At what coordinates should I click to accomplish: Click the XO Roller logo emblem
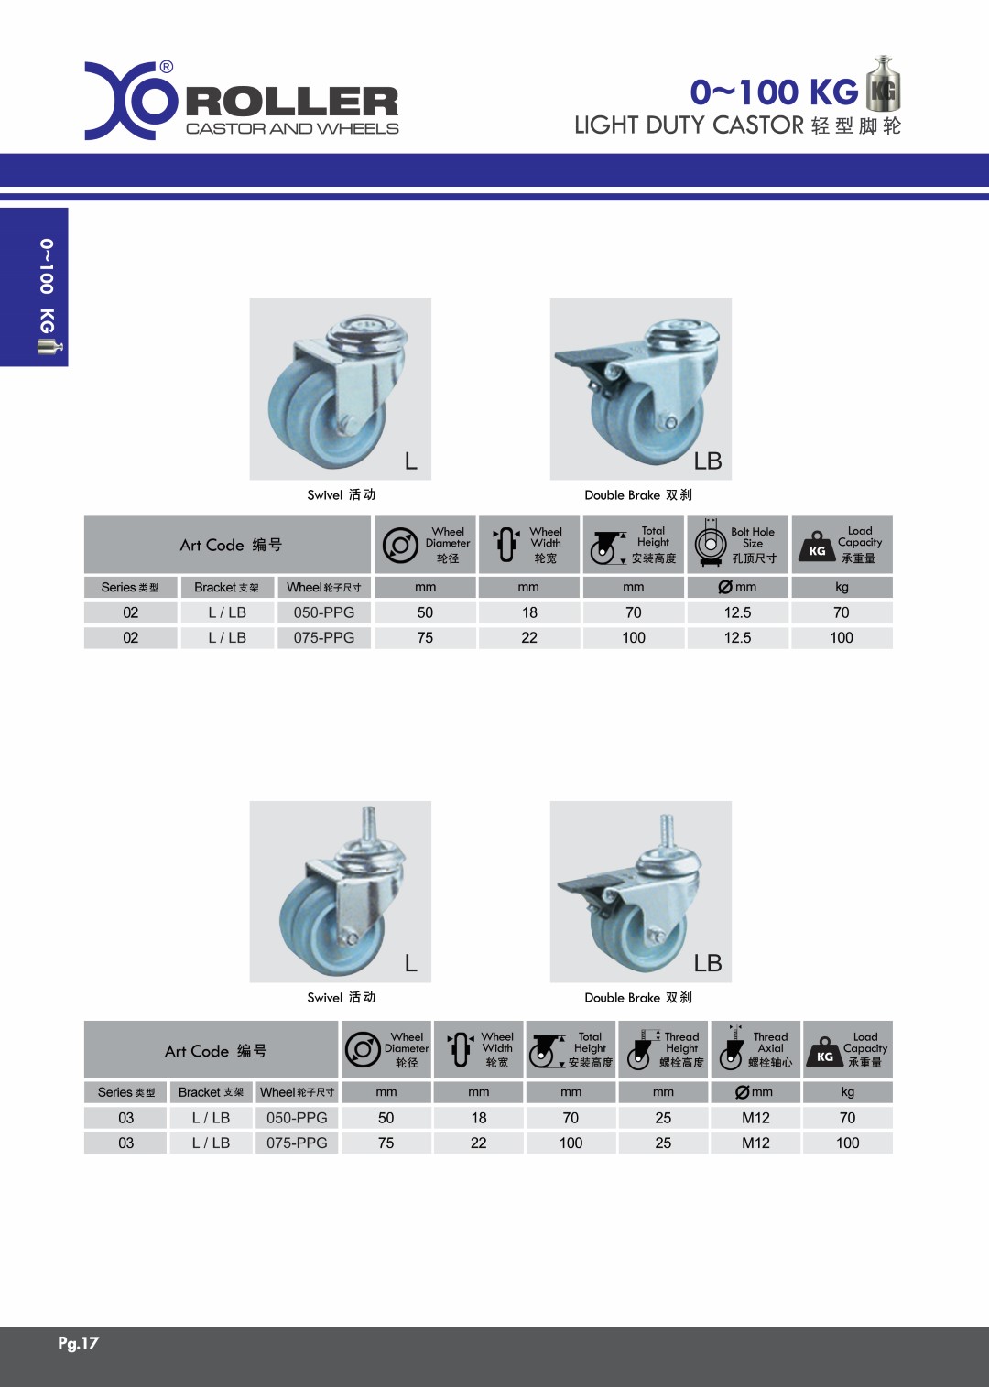[131, 101]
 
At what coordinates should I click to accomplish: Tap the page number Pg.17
[78, 1343]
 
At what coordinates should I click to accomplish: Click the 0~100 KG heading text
[774, 92]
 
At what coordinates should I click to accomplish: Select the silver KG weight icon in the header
[883, 83]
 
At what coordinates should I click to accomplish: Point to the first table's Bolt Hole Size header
[737, 545]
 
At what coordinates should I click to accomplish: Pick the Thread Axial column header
[755, 1049]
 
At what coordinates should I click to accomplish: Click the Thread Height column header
[663, 1049]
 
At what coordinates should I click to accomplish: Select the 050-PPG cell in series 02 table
[324, 612]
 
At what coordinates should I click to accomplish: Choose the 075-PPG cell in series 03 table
[297, 1143]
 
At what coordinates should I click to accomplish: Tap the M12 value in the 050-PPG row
[755, 1118]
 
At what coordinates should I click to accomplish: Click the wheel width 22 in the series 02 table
[529, 638]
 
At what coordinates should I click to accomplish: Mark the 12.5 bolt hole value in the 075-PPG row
[737, 638]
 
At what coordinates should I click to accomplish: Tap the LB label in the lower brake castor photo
[708, 963]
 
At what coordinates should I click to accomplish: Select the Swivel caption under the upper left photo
[342, 494]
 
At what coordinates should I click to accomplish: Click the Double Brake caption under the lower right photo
[638, 998]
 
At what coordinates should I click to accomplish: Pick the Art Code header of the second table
[215, 1051]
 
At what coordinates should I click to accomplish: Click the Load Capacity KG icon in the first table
[817, 547]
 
